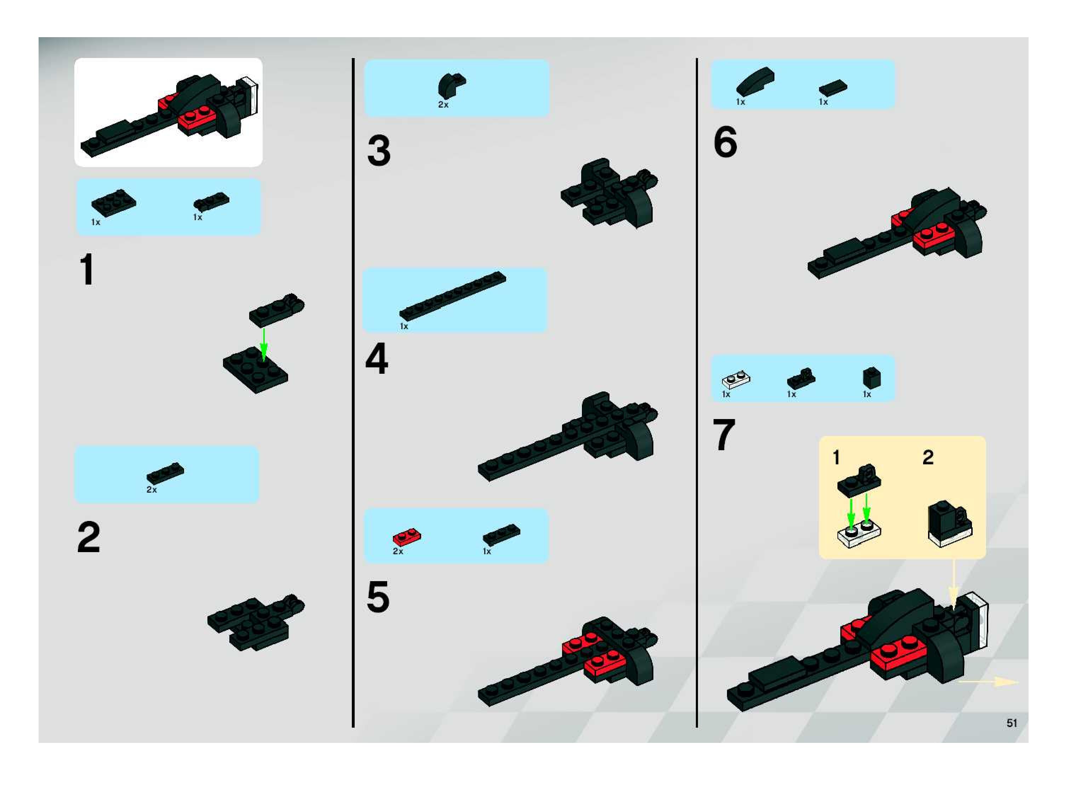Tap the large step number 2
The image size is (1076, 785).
[x=89, y=537]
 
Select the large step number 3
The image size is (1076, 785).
[x=379, y=151]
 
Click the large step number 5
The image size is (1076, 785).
[x=378, y=596]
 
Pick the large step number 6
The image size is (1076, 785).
[x=725, y=142]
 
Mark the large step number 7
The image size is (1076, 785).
[x=724, y=434]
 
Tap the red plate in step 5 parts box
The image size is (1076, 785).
[x=407, y=537]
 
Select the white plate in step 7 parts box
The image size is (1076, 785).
[x=736, y=380]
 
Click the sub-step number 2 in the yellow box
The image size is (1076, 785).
[x=928, y=457]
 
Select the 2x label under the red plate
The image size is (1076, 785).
[x=398, y=551]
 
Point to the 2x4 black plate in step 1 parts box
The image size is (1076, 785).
[x=114, y=203]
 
